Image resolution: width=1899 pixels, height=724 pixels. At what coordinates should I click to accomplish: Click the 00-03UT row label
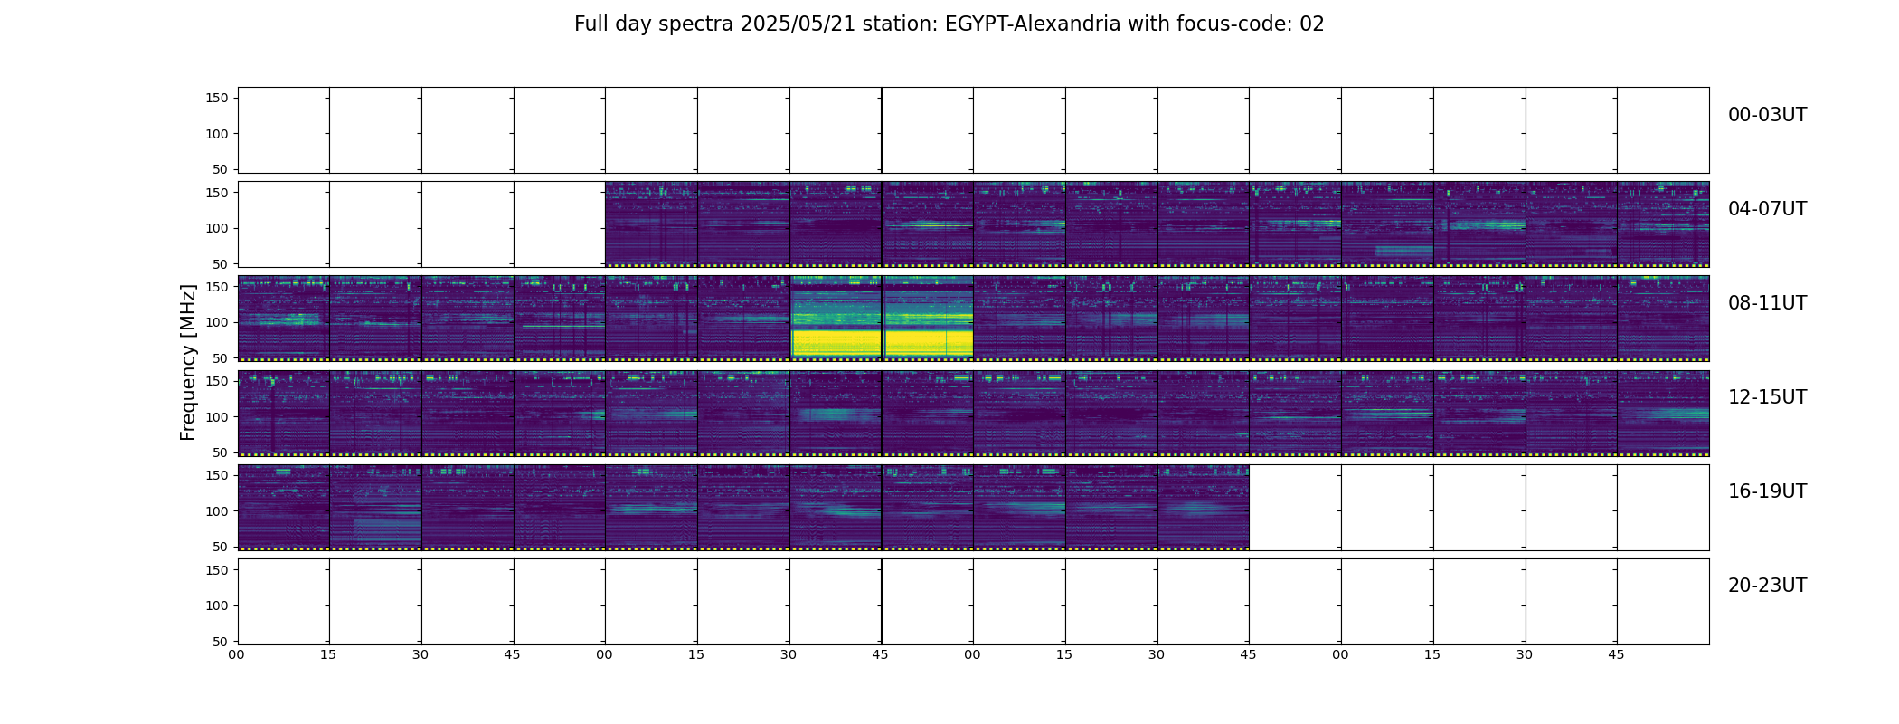tap(1767, 115)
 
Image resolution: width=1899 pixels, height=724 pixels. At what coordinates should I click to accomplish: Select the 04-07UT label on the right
tap(1767, 209)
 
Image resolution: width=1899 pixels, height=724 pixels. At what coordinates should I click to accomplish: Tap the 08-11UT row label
tap(1767, 303)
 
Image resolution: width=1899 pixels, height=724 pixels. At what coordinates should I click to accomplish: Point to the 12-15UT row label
tap(1767, 397)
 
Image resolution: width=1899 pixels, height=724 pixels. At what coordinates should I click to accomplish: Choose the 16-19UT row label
tap(1767, 491)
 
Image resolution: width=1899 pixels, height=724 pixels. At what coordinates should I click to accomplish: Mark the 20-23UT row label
tap(1767, 586)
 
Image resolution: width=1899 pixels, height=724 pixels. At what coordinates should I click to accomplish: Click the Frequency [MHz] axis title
tap(188, 362)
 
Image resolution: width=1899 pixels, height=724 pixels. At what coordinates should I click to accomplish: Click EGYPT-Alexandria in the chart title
tap(1033, 24)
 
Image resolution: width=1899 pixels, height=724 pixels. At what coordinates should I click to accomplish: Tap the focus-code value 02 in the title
tap(1312, 24)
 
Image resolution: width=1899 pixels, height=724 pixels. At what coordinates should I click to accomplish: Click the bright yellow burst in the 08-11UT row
tap(882, 342)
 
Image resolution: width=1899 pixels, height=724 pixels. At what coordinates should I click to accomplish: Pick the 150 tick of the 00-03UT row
tap(216, 98)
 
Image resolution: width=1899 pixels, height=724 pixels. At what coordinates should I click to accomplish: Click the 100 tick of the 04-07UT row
tap(216, 228)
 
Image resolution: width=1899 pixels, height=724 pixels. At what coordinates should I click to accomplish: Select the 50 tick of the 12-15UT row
tap(221, 452)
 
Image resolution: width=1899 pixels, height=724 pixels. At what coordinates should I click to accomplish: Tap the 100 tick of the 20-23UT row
tap(216, 605)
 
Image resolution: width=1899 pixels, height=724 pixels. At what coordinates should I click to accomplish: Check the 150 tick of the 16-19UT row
tap(216, 475)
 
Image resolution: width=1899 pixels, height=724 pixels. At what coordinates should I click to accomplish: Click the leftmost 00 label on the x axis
tap(237, 654)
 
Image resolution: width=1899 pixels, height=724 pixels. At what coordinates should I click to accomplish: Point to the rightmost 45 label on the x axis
tap(1616, 654)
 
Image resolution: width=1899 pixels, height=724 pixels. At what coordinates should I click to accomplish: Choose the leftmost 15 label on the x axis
tap(328, 654)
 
